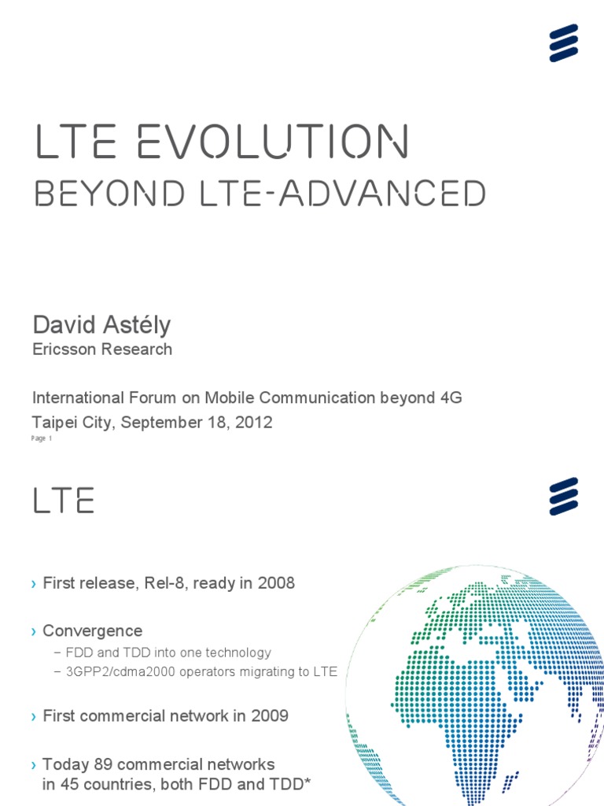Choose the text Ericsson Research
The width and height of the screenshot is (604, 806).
click(102, 349)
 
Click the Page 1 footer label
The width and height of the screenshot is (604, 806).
click(42, 439)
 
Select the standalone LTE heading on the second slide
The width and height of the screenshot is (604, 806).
click(64, 501)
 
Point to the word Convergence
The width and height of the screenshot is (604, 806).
click(92, 630)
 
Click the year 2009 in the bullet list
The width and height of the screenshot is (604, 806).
click(270, 715)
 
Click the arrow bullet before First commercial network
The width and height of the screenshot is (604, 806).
click(34, 716)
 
